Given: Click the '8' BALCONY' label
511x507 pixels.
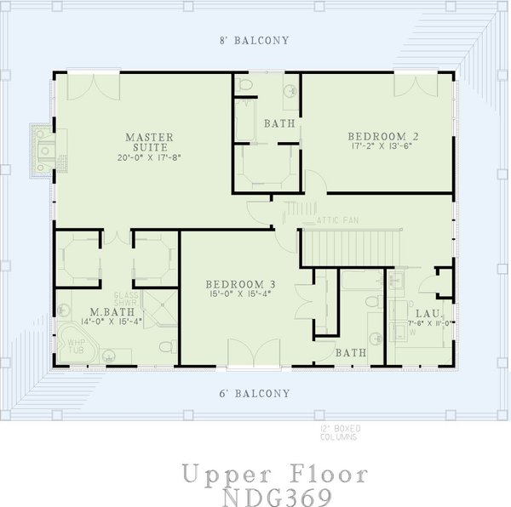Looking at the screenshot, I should coord(255,40).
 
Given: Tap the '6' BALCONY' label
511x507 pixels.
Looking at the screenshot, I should coord(255,394).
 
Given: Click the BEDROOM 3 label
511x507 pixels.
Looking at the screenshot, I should coord(239,284).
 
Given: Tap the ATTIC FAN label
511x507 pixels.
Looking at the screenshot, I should coord(338,219).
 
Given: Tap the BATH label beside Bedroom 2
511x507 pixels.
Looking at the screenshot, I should coord(278,123).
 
